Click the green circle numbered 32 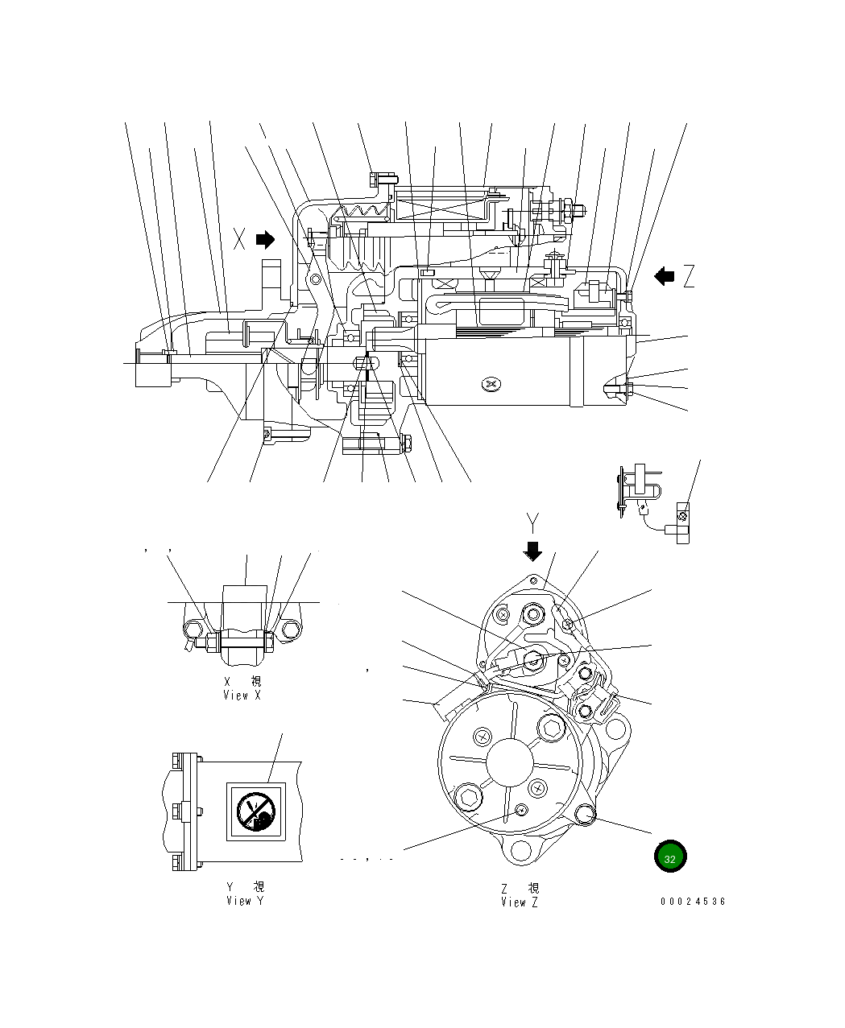coord(670,858)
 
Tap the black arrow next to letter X coord(264,239)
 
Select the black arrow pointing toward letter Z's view coord(665,276)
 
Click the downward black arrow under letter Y coord(532,551)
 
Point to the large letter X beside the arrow coord(239,239)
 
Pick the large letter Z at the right coord(688,277)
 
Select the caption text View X coord(242,696)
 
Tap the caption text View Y coord(244,901)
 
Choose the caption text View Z coord(519,902)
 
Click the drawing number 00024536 coord(693,902)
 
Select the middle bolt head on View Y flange coord(176,809)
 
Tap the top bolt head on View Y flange coord(176,760)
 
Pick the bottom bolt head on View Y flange coord(176,864)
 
